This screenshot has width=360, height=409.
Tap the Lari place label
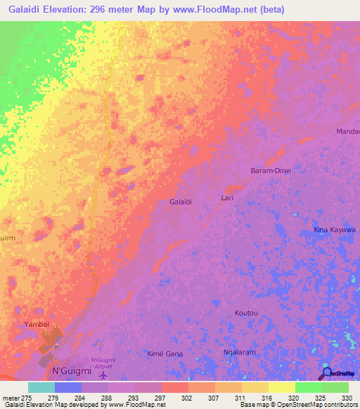227,197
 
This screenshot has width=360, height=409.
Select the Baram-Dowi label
271,171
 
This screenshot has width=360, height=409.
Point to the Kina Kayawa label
334,230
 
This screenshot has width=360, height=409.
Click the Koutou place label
247,313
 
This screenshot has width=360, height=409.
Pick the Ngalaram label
237,353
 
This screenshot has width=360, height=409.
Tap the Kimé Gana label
165,353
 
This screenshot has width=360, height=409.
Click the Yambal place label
35,325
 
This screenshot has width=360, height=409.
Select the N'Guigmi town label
72,370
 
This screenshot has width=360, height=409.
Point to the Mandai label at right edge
348,131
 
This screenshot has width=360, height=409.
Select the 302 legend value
187,398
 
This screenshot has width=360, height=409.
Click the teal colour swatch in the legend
41,387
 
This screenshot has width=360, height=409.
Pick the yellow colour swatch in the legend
282,387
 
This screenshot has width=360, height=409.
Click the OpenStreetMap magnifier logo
326,372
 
